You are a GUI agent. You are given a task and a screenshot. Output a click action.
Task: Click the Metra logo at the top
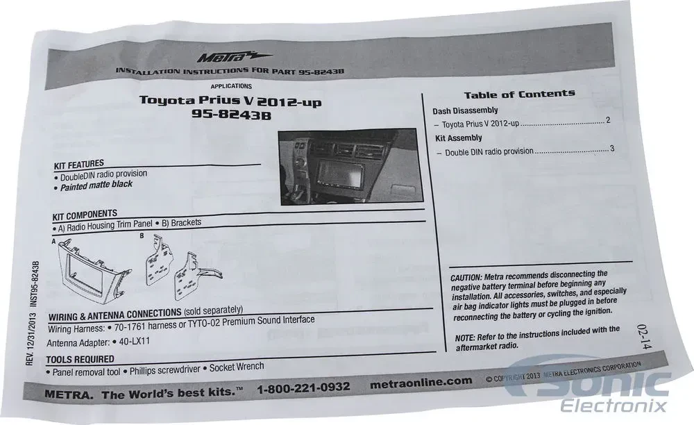(234, 57)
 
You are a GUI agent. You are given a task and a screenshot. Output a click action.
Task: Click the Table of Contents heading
(520, 94)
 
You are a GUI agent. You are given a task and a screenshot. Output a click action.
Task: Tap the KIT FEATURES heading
(79, 165)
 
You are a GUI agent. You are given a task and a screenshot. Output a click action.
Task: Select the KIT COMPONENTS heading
(85, 215)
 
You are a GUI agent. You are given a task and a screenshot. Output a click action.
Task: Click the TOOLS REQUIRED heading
(80, 359)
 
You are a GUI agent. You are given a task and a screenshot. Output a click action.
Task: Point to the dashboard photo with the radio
(350, 167)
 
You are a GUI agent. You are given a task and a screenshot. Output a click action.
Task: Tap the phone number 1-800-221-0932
(303, 387)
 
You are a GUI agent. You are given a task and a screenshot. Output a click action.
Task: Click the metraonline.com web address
(421, 382)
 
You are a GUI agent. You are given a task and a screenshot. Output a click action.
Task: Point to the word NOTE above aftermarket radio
(465, 337)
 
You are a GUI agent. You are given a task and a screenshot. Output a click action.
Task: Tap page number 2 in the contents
(608, 120)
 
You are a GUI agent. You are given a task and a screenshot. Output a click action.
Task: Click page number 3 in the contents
(612, 149)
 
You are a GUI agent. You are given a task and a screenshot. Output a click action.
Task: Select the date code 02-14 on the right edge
(645, 337)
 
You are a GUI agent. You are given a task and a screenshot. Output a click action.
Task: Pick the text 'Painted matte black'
(96, 185)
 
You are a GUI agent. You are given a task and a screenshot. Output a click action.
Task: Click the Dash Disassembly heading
(465, 110)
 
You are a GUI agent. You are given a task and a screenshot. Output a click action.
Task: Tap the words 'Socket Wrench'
(237, 367)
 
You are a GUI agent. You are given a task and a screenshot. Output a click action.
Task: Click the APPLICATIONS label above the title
(231, 86)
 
